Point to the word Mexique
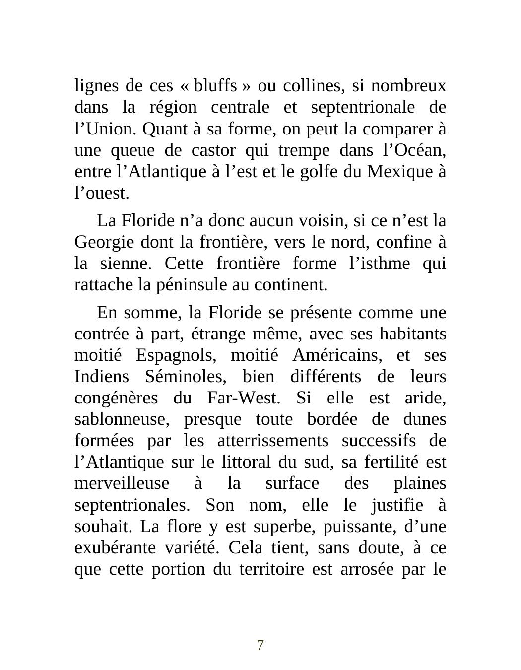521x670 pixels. click(400, 171)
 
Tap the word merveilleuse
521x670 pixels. click(122, 483)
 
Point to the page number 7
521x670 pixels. click(260, 645)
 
